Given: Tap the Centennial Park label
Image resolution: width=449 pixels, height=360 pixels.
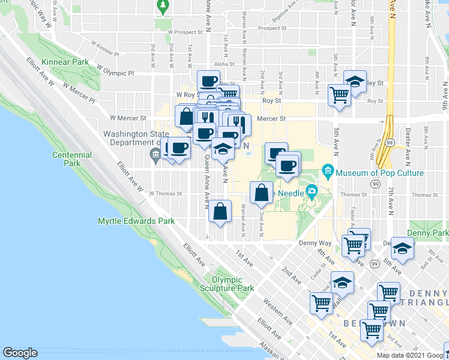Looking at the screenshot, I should [71, 159].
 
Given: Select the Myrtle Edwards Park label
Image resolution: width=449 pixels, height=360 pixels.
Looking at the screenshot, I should [136, 221].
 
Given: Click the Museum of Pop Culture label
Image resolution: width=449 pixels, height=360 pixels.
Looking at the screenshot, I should [379, 173].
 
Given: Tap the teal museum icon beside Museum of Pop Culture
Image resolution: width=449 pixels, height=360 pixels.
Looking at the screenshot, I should [328, 172].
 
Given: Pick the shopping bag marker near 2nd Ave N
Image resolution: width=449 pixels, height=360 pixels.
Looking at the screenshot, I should [261, 193].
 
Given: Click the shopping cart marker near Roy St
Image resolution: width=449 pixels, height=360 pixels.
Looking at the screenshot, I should [340, 94].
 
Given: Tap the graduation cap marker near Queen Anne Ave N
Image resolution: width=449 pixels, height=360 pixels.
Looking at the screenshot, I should [223, 149].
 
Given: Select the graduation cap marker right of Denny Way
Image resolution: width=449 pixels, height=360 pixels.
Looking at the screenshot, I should [403, 248].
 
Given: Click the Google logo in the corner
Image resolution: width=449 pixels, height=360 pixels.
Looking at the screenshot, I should [20, 353].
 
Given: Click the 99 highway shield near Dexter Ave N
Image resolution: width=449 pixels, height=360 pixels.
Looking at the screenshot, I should [390, 142].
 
